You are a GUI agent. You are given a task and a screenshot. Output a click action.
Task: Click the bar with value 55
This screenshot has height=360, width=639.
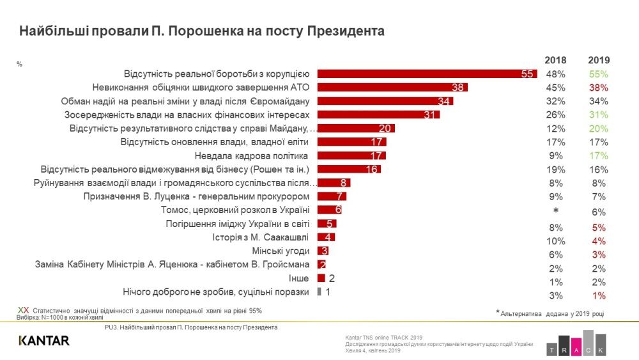coord(427,74)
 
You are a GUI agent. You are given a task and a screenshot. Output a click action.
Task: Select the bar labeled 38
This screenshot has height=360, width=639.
coord(393,88)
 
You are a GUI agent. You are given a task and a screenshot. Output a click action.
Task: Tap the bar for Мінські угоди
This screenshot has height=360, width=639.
coord(323,251)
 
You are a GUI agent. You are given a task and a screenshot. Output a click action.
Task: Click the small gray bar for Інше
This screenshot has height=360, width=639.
coord(321,278)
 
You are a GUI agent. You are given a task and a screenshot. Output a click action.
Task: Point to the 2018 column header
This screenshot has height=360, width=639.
coord(555,59)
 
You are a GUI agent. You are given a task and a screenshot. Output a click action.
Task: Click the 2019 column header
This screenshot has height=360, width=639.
coord(598,59)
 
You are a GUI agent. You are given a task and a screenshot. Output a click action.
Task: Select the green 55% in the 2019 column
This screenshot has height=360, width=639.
coord(598,74)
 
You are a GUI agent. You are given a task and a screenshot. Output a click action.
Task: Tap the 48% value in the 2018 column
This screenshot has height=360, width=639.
coord(555,74)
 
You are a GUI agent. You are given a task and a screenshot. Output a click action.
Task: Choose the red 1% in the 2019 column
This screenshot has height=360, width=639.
coord(598,295)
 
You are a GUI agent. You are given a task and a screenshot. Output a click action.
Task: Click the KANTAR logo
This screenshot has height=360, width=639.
coord(44,341)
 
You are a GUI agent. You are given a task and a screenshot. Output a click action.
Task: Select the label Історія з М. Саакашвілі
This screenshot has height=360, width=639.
coord(261,237)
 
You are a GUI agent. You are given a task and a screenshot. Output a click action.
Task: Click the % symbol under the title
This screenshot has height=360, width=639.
coord(20,63)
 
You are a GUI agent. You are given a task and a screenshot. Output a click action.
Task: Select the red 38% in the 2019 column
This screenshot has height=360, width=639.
coord(598,88)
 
